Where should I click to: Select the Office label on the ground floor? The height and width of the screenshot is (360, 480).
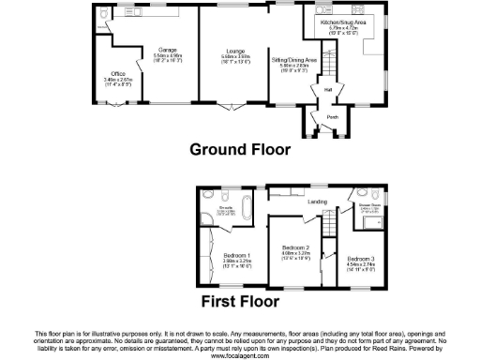118,72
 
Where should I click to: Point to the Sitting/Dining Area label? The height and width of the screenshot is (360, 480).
293,59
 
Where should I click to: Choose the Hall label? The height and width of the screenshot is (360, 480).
329,90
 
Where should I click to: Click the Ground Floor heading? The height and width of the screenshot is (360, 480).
240,149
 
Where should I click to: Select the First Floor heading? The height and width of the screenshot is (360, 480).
239,302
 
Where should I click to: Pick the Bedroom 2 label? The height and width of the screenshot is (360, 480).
294,247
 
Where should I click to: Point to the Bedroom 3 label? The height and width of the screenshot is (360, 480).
359,258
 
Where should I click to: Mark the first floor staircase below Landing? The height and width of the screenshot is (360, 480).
329,225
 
